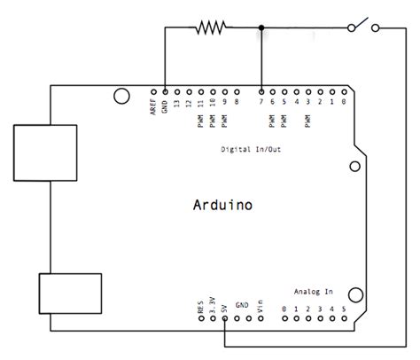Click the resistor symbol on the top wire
pos(210,28)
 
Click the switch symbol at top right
pos(364,27)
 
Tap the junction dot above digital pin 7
pos(261,28)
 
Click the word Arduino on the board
pos(222,206)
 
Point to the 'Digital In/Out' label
pos(251,150)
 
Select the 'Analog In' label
pos(314,291)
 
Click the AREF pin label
pos(154,107)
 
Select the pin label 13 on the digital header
pos(177,104)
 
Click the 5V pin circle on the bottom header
pos(225,321)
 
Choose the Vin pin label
pos(261,306)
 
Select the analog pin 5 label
pos(344,309)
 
